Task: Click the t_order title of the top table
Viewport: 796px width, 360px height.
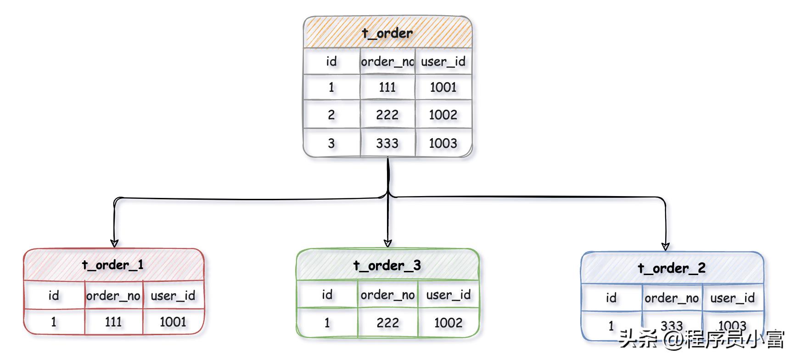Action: [387, 33]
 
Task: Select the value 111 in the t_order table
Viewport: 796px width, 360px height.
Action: [387, 87]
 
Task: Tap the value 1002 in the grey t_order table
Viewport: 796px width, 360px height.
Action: [443, 115]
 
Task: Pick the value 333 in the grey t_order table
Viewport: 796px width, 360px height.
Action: [387, 143]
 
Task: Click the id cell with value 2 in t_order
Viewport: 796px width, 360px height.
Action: [331, 115]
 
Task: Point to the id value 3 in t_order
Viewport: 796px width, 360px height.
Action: [331, 143]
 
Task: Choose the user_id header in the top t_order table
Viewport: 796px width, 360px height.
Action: [443, 62]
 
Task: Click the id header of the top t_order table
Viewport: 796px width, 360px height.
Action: [331, 62]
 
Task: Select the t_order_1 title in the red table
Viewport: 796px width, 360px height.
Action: [113, 265]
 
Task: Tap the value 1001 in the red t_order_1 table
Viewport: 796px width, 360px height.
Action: [173, 322]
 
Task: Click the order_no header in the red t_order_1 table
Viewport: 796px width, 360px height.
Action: [113, 296]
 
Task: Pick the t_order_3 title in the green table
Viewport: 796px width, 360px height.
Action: [387, 265]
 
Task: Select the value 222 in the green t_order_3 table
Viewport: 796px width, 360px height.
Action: [387, 323]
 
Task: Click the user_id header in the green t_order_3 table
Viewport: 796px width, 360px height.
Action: [448, 295]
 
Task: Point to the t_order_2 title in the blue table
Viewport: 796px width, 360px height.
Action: [672, 268]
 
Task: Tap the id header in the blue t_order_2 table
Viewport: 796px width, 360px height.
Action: [611, 298]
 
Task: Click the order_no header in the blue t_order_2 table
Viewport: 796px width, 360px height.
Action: [672, 298]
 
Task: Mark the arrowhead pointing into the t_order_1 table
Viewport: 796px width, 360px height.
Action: [114, 243]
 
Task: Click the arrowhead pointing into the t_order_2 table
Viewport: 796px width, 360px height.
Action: [666, 246]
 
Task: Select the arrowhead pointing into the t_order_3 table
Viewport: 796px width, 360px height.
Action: [388, 243]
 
